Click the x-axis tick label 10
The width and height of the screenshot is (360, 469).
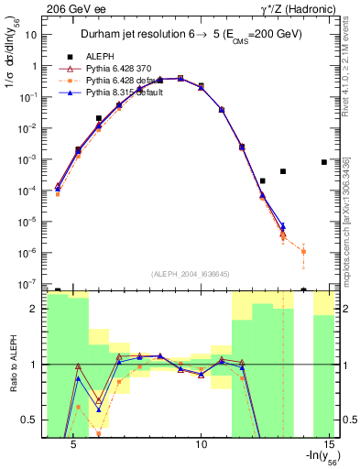(x=202, y=445)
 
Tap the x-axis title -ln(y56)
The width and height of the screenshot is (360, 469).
(x=317, y=459)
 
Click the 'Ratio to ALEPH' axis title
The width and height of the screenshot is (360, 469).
(x=12, y=365)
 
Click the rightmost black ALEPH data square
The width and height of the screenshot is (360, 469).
(x=324, y=162)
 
